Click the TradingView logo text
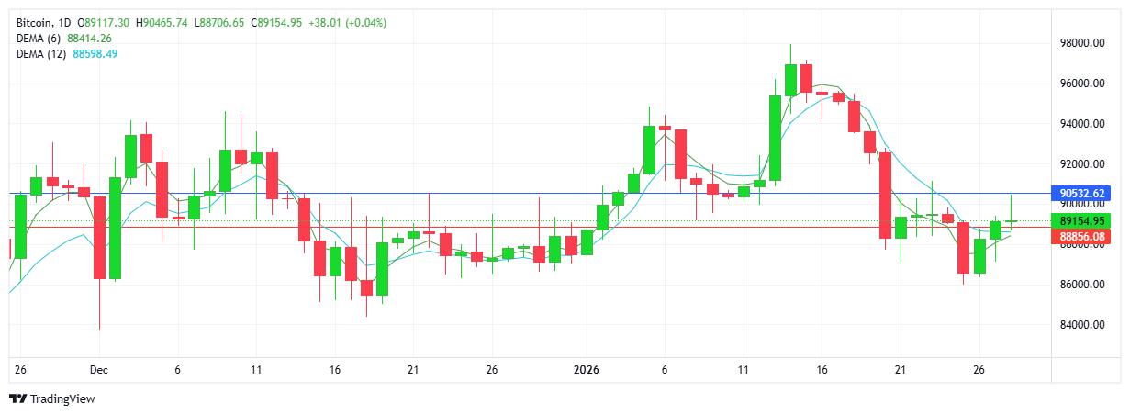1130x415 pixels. click(x=62, y=399)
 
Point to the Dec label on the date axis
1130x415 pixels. click(x=99, y=371)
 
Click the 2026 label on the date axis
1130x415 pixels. click(x=585, y=371)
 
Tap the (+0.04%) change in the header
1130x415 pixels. click(x=365, y=23)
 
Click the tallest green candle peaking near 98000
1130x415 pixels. click(x=790, y=80)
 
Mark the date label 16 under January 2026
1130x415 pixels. click(x=822, y=371)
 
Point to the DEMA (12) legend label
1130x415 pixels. click(x=41, y=54)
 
